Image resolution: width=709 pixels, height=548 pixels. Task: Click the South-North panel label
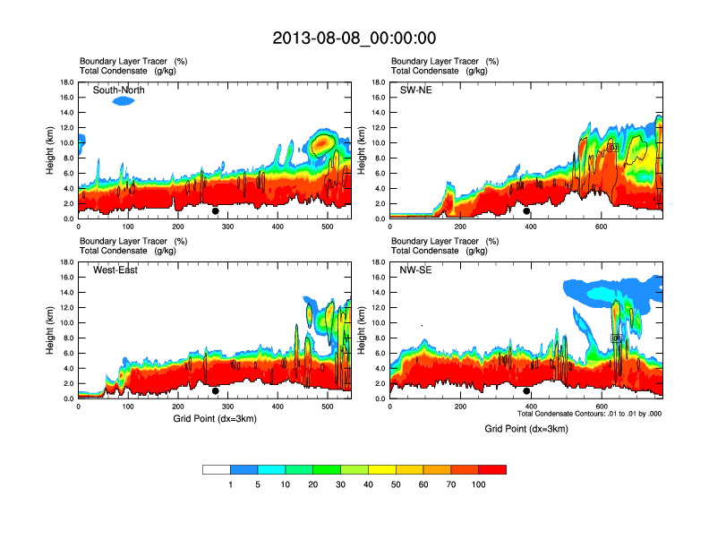click(119, 90)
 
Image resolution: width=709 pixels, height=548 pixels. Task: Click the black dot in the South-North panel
click(215, 211)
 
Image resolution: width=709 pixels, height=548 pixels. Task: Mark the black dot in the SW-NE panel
click(526, 211)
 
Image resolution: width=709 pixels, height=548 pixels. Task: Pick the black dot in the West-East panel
click(215, 391)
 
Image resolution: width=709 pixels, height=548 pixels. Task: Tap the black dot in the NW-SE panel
click(526, 391)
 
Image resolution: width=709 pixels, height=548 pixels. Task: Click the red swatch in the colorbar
click(492, 469)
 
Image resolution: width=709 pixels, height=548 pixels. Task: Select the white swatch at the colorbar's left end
click(217, 469)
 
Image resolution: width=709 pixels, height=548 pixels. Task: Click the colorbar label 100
click(479, 484)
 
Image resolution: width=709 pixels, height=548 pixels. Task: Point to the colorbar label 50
click(396, 484)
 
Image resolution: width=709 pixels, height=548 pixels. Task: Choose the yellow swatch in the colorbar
click(382, 469)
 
